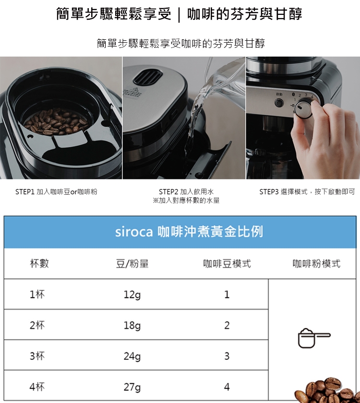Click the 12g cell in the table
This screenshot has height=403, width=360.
click(132, 295)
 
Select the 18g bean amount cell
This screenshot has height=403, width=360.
click(132, 325)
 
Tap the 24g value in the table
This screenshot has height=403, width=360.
click(132, 356)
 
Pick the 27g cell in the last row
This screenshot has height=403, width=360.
click(132, 387)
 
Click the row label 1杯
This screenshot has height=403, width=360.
click(37, 294)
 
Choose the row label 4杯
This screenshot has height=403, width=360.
click(37, 387)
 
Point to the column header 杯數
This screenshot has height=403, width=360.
click(39, 263)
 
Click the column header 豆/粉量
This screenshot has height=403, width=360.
click(132, 264)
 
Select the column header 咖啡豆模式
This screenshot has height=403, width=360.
click(227, 263)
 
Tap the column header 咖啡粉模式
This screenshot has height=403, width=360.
click(316, 263)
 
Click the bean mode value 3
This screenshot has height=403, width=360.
click(227, 356)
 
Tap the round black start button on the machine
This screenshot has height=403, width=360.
click(279, 103)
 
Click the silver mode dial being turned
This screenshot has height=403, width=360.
click(303, 109)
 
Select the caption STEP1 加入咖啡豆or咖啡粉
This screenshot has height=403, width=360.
click(56, 192)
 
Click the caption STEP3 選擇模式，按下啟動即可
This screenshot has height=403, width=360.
click(307, 192)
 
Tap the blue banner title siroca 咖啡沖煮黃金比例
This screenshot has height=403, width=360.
click(189, 232)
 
